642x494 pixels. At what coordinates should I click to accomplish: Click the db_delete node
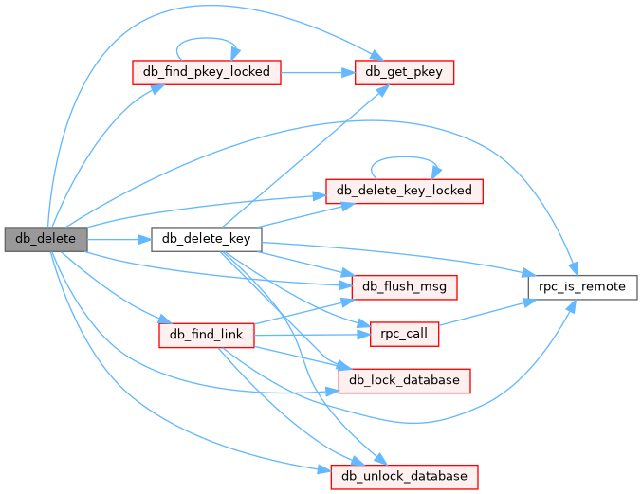45,238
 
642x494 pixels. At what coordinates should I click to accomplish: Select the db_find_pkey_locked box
206,71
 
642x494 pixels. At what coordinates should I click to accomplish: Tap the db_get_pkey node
405,71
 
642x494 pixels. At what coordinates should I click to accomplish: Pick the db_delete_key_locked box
405,190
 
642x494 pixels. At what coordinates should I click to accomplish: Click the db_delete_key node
206,238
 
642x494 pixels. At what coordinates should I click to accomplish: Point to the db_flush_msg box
405,285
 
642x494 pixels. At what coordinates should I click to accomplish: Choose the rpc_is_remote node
581,285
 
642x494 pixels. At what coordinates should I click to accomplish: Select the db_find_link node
206,334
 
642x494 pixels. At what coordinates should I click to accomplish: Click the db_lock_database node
405,380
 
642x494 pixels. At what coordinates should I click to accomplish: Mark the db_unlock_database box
405,475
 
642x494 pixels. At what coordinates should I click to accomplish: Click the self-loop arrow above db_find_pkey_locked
206,42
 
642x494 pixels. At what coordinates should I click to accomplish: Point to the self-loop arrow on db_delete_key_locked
405,160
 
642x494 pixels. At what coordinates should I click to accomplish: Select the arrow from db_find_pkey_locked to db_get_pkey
318,71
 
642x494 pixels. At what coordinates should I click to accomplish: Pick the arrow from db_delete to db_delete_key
119,238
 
